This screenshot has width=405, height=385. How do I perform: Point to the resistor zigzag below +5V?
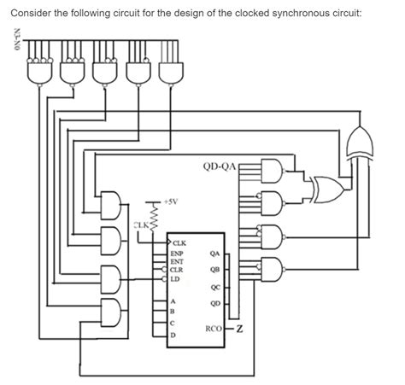coord(156,211)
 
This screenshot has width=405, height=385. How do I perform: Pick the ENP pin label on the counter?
coord(176,254)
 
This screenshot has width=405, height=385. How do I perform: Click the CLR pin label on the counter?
coord(176,269)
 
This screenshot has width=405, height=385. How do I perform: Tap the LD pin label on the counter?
coord(174,277)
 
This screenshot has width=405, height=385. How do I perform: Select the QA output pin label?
coord(214,254)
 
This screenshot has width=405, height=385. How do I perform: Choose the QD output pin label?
coord(214,303)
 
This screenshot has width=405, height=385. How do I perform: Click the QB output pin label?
coord(214,270)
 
